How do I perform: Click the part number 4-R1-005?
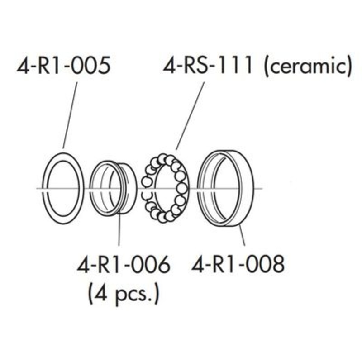63,65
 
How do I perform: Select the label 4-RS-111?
208,65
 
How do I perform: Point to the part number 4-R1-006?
124,264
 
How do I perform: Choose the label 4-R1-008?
238,264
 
